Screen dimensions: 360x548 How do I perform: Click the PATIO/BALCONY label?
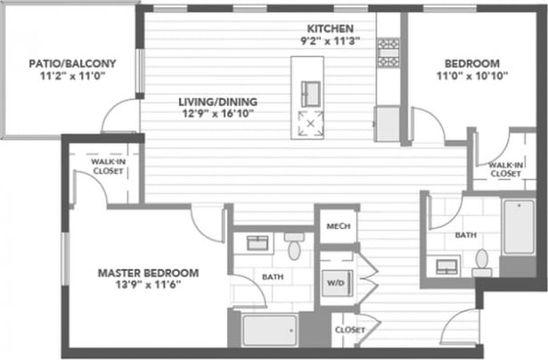point(72,63)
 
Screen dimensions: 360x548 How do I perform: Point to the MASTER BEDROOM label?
point(148,273)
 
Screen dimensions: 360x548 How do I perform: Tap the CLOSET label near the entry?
point(348,330)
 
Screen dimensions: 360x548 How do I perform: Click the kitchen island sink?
point(311,92)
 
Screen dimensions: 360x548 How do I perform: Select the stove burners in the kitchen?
point(388,53)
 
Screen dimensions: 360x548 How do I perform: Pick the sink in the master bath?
point(258,243)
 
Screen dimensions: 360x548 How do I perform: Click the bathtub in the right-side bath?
point(518,227)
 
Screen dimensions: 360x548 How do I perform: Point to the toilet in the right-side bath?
point(482,259)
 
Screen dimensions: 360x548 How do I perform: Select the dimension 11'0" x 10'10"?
point(471,77)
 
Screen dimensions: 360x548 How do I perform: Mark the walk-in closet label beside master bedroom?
point(106,166)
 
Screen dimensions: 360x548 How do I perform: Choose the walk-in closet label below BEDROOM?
point(504,169)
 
